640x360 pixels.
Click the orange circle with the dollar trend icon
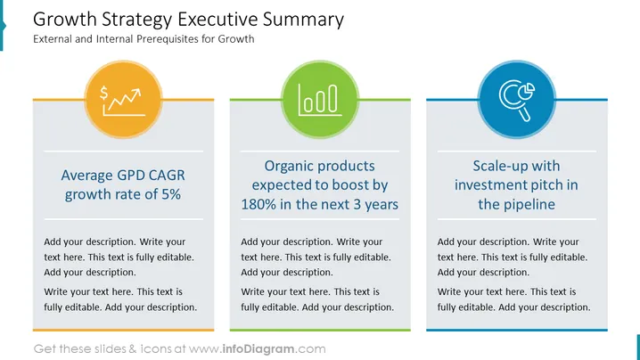click(x=123, y=99)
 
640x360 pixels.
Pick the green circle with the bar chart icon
click(x=320, y=99)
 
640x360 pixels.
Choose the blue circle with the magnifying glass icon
click(x=517, y=99)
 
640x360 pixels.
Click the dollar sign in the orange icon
click(x=104, y=93)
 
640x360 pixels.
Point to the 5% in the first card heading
click(x=171, y=194)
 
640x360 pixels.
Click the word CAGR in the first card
click(x=167, y=176)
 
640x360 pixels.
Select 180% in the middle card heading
click(x=258, y=204)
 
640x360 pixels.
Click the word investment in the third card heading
click(x=488, y=184)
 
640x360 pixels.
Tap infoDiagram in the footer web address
click(x=258, y=349)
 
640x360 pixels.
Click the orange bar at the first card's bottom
click(x=123, y=330)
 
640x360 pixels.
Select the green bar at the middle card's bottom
click(x=320, y=330)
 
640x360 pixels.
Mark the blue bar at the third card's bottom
click(x=517, y=330)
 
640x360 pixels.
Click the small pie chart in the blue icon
click(x=529, y=89)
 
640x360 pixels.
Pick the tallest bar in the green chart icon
click(x=333, y=98)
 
